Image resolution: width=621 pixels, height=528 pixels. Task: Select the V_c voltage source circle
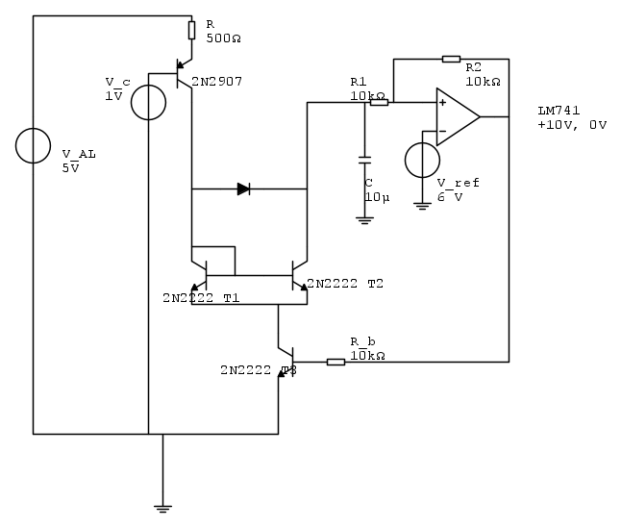(x=148, y=102)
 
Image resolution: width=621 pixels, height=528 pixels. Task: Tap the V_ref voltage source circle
(x=421, y=161)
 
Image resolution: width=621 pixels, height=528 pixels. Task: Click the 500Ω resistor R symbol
(x=191, y=32)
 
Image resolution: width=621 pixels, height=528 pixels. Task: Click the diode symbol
(x=243, y=189)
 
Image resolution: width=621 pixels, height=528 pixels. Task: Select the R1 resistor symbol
(x=379, y=102)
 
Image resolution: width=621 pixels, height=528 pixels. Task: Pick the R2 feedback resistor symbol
(x=451, y=59)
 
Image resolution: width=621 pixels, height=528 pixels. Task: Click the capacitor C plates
(x=364, y=159)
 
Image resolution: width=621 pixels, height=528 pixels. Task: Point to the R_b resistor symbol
(x=335, y=362)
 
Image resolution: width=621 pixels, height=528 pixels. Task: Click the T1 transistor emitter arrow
(x=196, y=285)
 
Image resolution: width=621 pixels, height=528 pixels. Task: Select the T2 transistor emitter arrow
(x=302, y=285)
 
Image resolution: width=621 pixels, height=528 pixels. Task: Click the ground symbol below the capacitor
(x=364, y=219)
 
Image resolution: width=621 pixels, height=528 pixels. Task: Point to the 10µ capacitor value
(x=376, y=196)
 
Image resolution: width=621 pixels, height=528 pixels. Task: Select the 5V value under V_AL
(x=70, y=167)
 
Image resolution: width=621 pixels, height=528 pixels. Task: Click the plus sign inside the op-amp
(x=442, y=102)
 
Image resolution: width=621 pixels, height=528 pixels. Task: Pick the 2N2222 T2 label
(x=344, y=285)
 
